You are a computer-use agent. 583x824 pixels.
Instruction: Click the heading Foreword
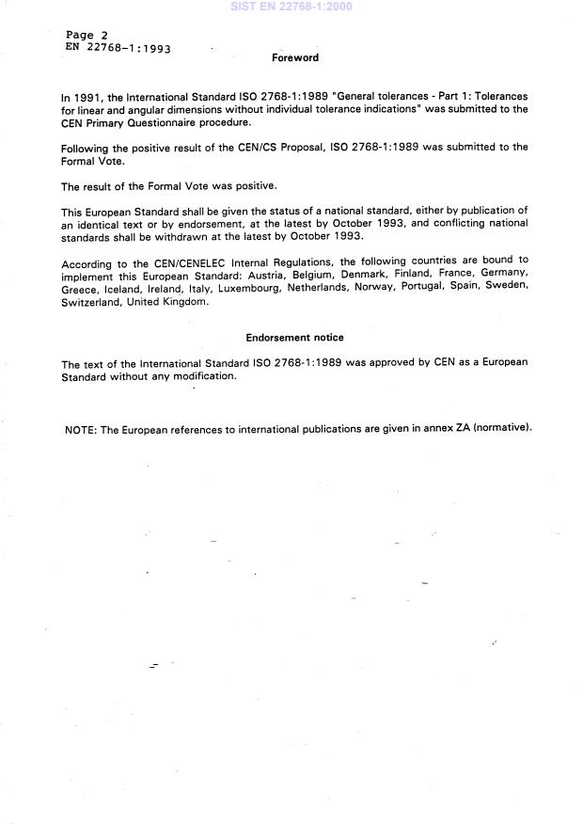pyautogui.click(x=295, y=57)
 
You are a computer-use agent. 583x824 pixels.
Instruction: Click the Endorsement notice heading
pyautogui.click(x=294, y=337)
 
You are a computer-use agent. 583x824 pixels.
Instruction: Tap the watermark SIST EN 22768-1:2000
pyautogui.click(x=291, y=7)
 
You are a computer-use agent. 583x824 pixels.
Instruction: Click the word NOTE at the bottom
pyautogui.click(x=80, y=429)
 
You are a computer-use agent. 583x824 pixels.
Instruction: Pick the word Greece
pyautogui.click(x=79, y=287)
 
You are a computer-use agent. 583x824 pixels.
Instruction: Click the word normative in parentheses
pyautogui.click(x=502, y=429)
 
